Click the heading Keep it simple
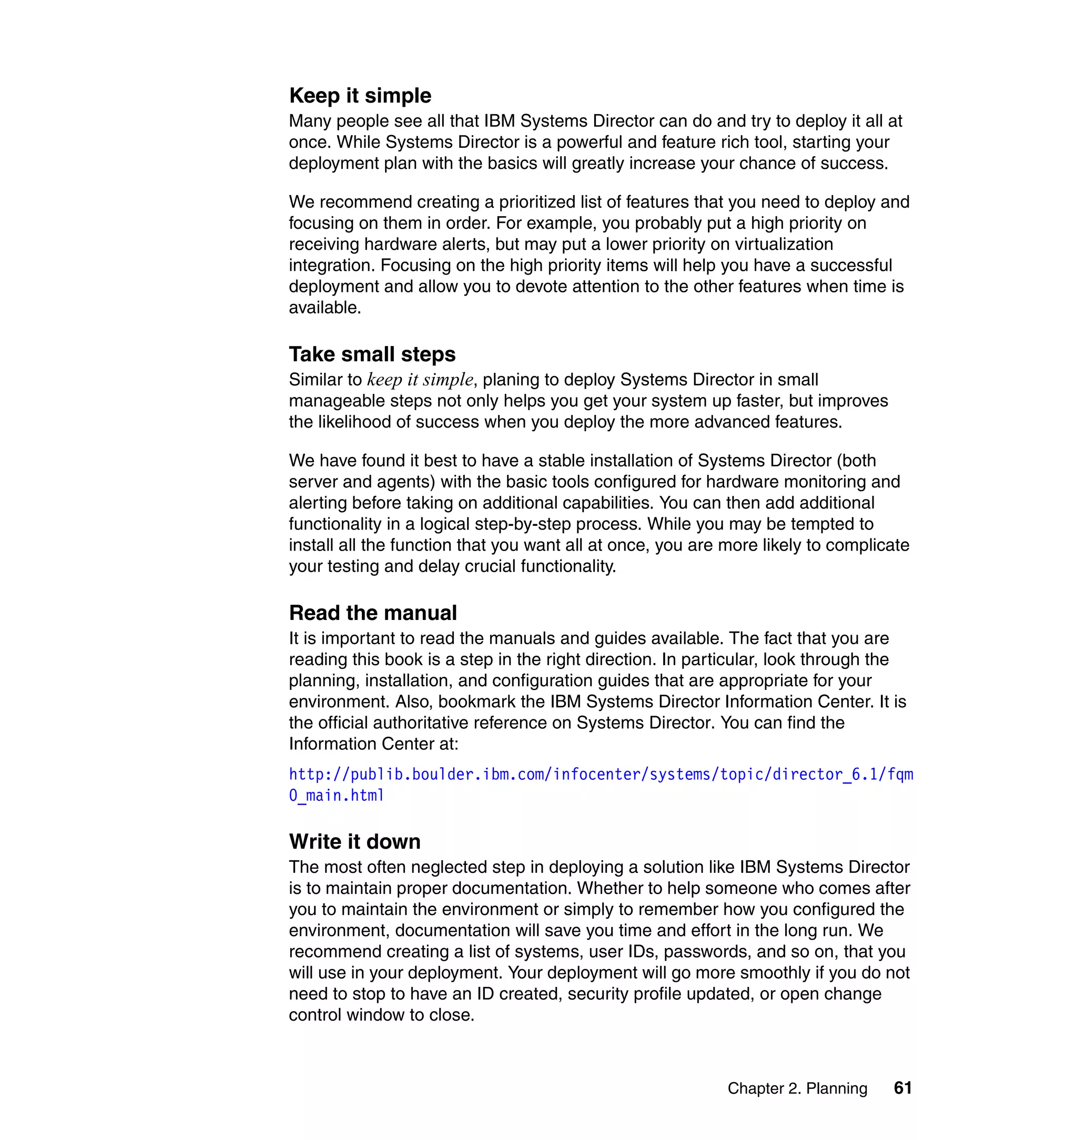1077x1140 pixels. [x=360, y=96]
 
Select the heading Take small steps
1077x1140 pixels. [x=372, y=354]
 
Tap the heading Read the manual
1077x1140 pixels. [x=373, y=613]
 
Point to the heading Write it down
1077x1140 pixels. [x=355, y=841]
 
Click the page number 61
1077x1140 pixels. [x=902, y=1088]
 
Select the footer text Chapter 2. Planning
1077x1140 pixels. [x=797, y=1088]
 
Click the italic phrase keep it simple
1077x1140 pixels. [x=420, y=380]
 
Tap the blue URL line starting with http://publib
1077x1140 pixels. [x=601, y=775]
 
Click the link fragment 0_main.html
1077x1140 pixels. [x=337, y=796]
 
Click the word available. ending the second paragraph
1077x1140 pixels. [x=325, y=308]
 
